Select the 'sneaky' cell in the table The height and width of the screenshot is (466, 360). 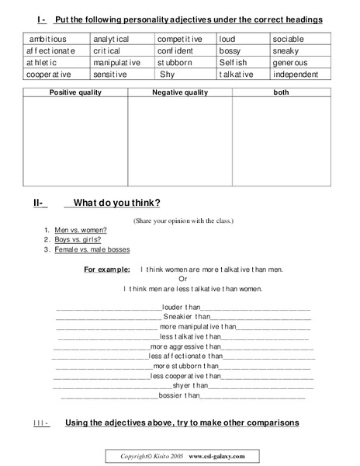click(285, 50)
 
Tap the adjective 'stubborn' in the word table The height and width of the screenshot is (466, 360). click(175, 62)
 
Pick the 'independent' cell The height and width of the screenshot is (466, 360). click(296, 75)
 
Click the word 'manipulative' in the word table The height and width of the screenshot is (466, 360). click(116, 62)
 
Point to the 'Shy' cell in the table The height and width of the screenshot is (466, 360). click(168, 75)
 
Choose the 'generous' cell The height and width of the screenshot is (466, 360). click(290, 62)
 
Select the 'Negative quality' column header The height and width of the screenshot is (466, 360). click(180, 92)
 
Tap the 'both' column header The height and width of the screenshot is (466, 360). click(281, 92)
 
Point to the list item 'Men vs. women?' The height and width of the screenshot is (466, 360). click(81, 230)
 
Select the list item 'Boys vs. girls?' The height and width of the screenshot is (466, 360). click(78, 240)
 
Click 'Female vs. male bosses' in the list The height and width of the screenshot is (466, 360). click(92, 249)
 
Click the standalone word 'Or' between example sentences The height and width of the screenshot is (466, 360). click(183, 279)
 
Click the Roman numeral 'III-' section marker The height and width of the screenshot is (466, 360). click(41, 423)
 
